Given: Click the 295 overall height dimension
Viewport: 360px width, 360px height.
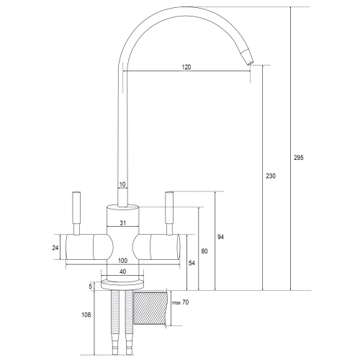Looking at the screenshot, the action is (299, 158).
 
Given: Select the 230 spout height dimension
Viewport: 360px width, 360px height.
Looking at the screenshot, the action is (271, 176).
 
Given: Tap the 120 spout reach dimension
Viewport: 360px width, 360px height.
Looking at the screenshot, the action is (186, 67).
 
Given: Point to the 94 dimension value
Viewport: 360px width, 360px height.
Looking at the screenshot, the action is (220, 237).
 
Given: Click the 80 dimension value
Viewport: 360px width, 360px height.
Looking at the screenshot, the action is (204, 251).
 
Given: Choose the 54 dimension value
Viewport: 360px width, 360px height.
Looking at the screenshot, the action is (192, 264).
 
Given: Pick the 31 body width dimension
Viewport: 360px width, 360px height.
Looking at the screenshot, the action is (122, 223).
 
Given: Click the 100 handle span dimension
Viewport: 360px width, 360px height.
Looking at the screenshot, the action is (122, 261).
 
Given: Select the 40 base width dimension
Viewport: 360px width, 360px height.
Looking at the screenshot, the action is (122, 271).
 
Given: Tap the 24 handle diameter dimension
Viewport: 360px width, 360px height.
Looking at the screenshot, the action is (55, 248).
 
